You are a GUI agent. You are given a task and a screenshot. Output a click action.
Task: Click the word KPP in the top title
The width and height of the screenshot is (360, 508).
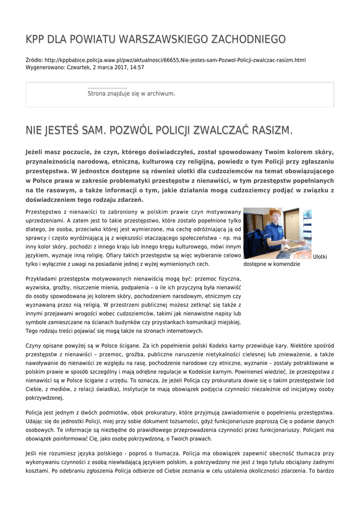click(x=35, y=39)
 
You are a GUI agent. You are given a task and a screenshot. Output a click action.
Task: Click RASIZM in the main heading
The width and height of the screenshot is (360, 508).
click(x=271, y=130)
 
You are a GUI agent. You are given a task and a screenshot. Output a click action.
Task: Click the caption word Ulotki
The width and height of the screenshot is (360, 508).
click(x=320, y=256)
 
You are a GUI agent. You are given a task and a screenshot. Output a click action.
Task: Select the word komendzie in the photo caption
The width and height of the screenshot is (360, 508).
click(x=284, y=264)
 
